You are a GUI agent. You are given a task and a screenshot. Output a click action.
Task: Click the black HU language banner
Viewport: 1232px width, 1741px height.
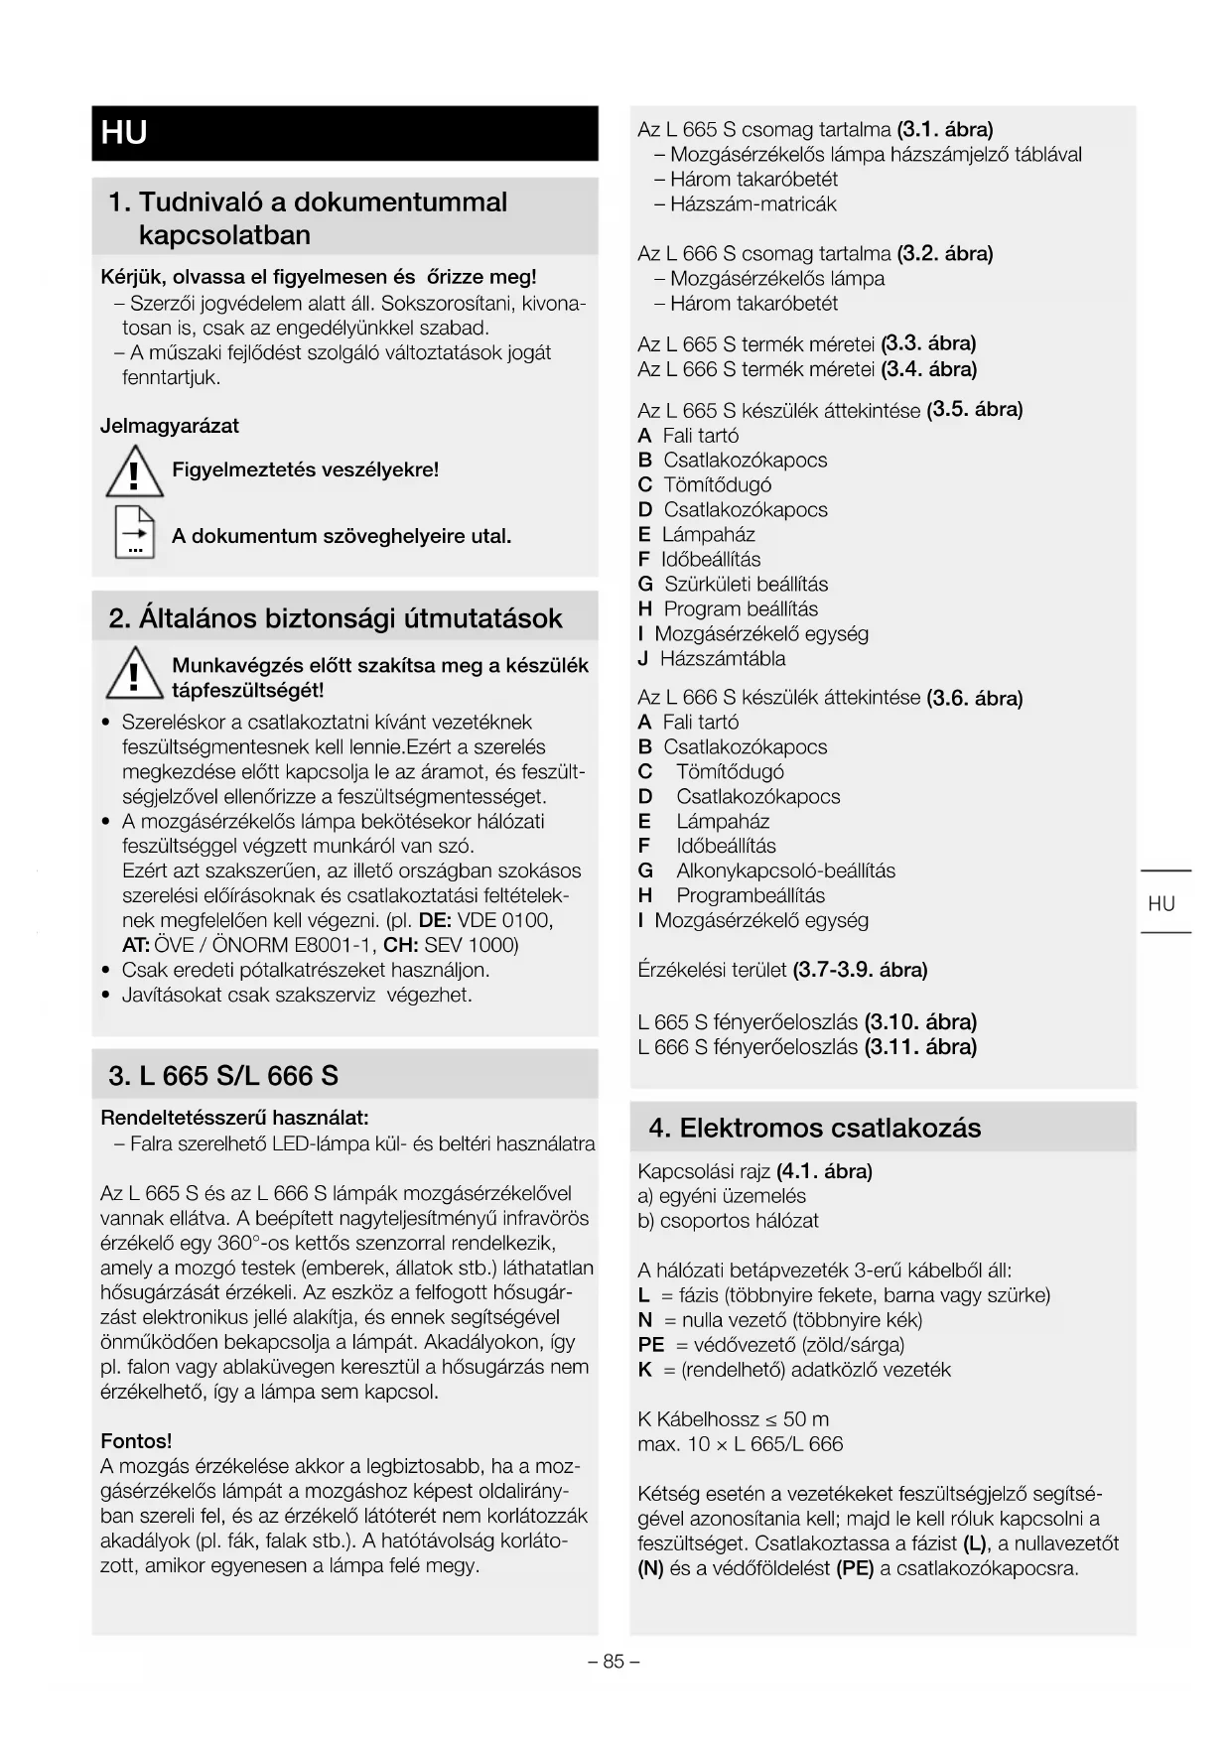click(x=344, y=133)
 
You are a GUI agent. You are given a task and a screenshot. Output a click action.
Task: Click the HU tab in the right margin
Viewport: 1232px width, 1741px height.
click(x=1162, y=903)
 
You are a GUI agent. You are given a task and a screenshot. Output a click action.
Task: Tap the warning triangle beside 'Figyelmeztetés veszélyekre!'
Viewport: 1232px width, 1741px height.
click(x=134, y=471)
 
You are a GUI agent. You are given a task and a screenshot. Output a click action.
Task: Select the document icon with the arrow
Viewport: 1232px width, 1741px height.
click(x=134, y=533)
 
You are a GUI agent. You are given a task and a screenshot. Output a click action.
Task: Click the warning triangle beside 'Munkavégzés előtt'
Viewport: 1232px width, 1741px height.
click(x=134, y=672)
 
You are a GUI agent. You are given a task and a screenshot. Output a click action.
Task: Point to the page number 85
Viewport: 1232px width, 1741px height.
click(x=614, y=1661)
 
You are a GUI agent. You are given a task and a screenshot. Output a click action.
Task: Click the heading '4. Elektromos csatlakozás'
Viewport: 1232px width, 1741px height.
click(x=814, y=1128)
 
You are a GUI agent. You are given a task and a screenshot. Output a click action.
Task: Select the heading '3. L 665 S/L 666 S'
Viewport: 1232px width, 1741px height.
click(x=223, y=1076)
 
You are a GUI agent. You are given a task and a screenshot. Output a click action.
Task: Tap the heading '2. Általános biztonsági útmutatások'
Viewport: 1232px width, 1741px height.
click(x=336, y=618)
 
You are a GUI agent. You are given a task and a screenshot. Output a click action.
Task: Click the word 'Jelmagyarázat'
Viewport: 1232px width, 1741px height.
click(x=170, y=426)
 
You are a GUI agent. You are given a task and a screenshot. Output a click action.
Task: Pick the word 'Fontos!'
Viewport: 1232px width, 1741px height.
click(x=136, y=1440)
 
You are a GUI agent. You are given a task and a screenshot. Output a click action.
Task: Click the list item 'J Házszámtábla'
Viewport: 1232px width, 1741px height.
click(x=712, y=658)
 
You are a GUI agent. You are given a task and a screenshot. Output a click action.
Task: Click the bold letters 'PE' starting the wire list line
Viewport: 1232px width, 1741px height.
click(x=651, y=1345)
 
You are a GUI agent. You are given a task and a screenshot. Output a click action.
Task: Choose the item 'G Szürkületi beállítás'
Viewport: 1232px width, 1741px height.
click(x=733, y=584)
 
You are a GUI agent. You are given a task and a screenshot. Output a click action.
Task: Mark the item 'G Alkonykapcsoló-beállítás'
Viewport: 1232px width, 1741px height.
click(x=766, y=870)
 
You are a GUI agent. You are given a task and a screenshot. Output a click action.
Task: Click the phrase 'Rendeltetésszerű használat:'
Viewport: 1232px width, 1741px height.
click(x=234, y=1118)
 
